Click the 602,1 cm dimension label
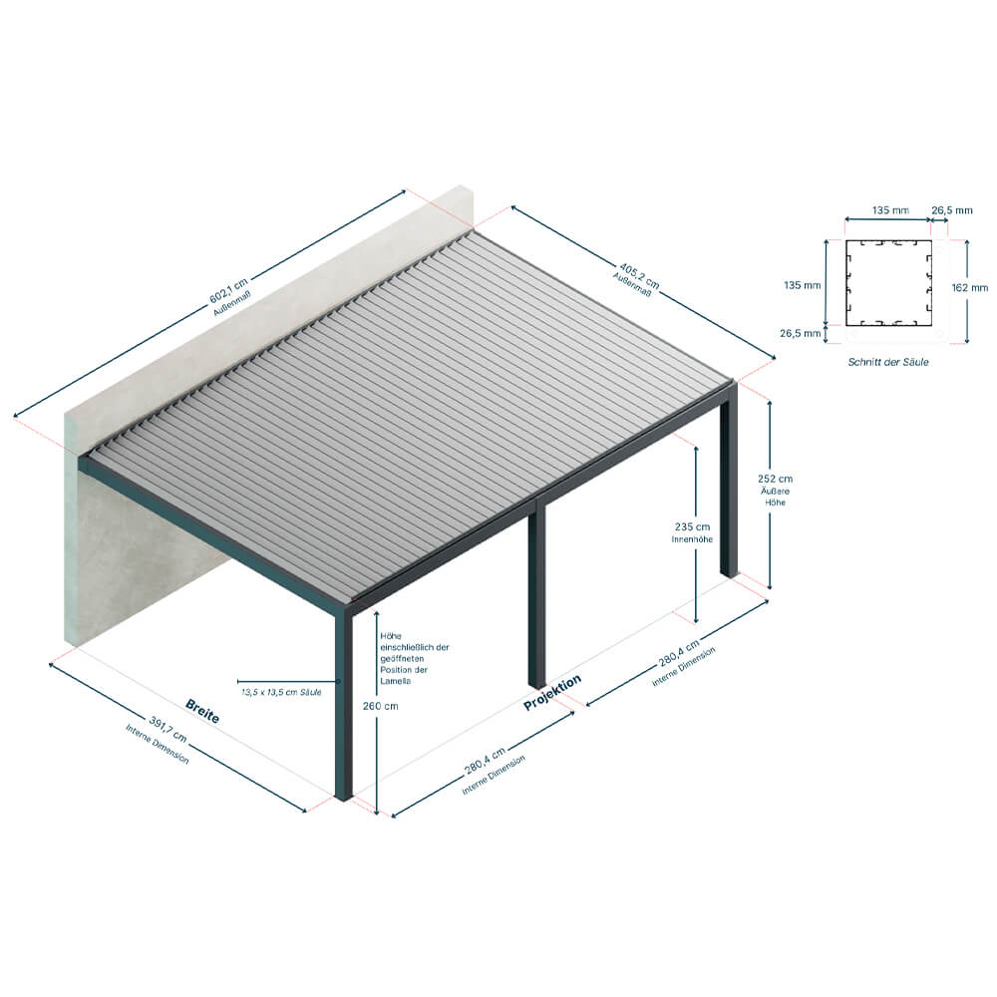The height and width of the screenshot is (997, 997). click(228, 290)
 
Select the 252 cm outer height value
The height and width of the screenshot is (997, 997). click(775, 479)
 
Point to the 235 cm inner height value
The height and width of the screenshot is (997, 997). click(692, 526)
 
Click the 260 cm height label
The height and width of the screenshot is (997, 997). click(380, 706)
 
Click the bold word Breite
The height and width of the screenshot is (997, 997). click(202, 712)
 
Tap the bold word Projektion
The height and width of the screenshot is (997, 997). click(552, 693)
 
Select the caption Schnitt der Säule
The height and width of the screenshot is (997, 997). click(887, 362)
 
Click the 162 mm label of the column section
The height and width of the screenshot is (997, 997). click(970, 287)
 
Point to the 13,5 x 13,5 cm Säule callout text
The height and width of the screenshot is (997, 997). click(281, 692)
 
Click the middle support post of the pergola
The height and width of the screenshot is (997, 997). click(536, 591)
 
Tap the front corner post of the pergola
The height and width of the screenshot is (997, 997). click(343, 703)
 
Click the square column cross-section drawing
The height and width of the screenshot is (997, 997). click(888, 282)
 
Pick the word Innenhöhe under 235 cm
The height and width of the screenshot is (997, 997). click(692, 539)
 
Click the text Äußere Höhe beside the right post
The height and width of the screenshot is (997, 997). click(775, 497)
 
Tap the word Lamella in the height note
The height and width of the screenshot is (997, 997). click(396, 681)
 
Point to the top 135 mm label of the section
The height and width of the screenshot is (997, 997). click(890, 209)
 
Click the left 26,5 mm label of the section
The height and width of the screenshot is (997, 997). click(800, 333)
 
